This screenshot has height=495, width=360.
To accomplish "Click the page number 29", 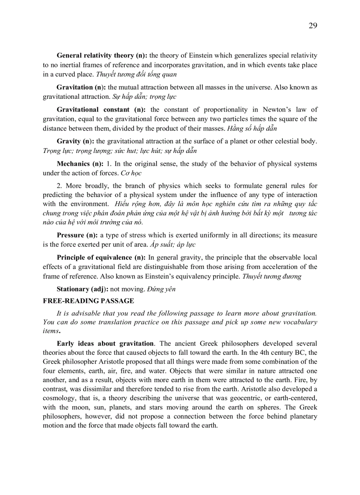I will [x=312, y=26].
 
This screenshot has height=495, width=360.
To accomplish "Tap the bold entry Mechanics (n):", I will [x=80, y=164].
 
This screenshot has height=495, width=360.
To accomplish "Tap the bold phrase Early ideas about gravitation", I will [x=105, y=343].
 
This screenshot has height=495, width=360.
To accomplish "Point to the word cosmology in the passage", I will [x=60, y=398].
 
